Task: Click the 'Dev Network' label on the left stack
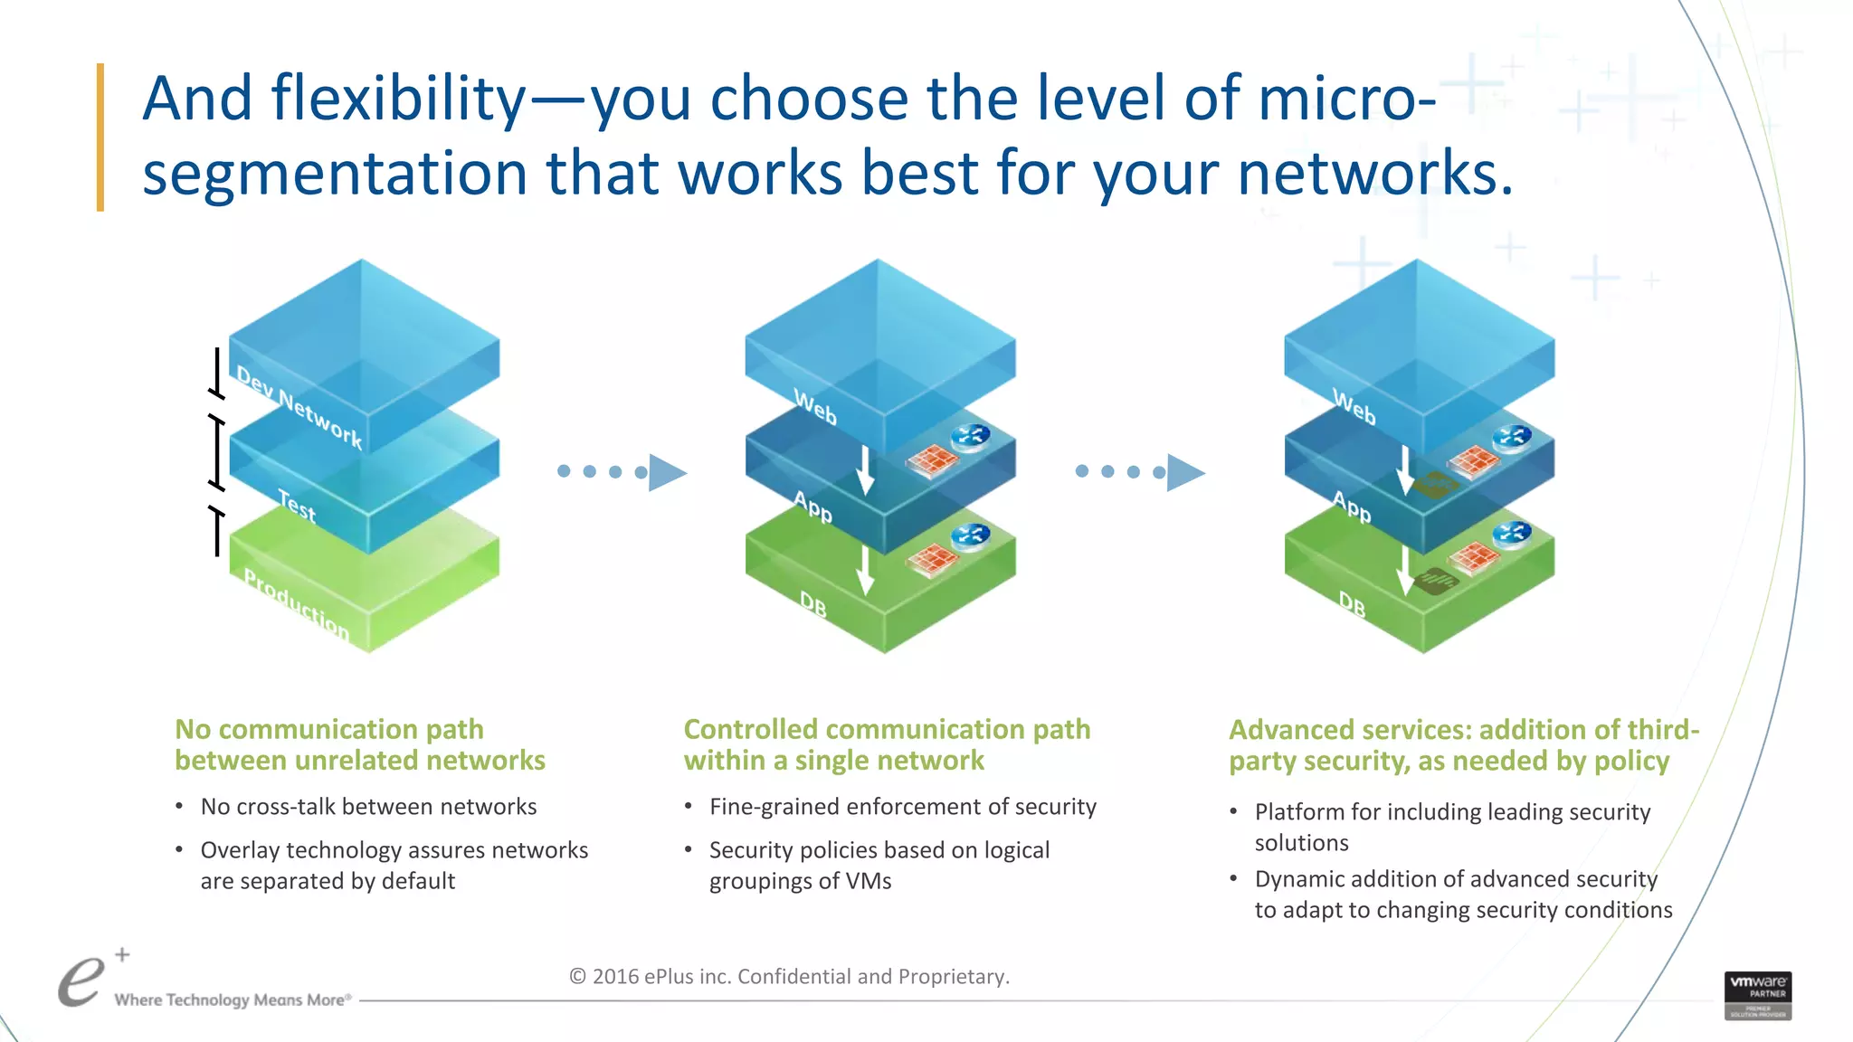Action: click(x=299, y=406)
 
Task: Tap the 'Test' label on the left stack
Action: click(x=297, y=506)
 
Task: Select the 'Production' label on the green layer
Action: click(x=297, y=603)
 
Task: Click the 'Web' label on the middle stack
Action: click(x=815, y=406)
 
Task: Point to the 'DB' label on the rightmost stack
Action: click(x=1352, y=603)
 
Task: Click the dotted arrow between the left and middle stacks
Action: click(x=622, y=472)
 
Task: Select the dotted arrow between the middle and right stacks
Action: click(x=1140, y=472)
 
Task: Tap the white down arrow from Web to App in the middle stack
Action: click(x=865, y=469)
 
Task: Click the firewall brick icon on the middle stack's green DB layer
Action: click(x=932, y=559)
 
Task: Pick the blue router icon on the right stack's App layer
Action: click(x=1512, y=437)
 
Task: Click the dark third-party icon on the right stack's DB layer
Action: click(x=1434, y=580)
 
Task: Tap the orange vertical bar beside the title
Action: click(x=100, y=137)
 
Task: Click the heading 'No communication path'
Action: click(x=329, y=729)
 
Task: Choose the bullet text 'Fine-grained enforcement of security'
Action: click(x=902, y=806)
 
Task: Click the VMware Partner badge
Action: click(x=1757, y=995)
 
